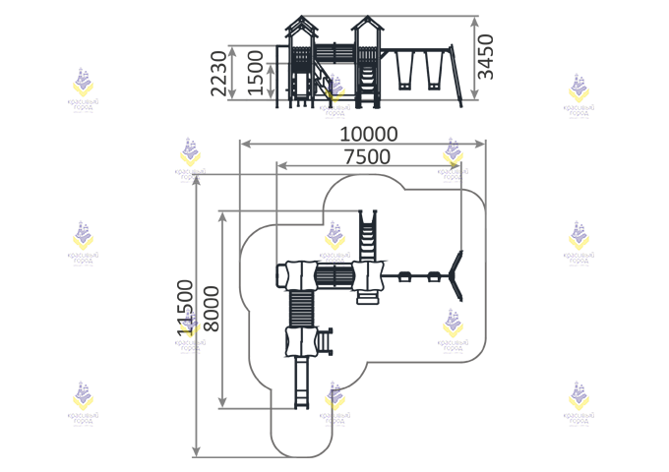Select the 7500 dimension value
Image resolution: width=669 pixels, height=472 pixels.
[366, 157]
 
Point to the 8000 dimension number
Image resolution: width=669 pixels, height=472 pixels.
[211, 311]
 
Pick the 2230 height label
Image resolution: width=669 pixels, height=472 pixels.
[218, 72]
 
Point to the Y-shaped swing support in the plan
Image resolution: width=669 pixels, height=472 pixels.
[456, 276]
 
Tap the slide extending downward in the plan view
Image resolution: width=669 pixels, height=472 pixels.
[299, 382]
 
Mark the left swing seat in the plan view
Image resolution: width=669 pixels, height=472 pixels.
[402, 276]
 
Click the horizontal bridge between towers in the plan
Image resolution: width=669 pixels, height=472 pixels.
[333, 275]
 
